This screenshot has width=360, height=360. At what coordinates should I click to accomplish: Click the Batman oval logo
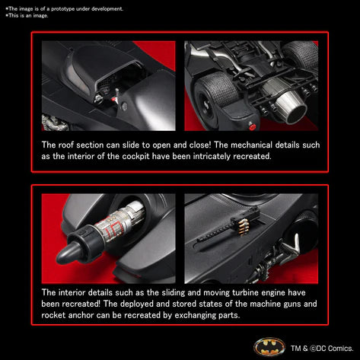(x=269, y=347)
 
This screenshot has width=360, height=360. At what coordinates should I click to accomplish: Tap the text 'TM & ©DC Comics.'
(x=322, y=349)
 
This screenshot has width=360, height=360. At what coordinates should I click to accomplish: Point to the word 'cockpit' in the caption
(x=135, y=156)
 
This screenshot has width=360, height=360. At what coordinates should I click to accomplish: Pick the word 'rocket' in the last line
(x=53, y=315)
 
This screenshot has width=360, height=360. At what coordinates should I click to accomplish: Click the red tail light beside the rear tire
(x=252, y=126)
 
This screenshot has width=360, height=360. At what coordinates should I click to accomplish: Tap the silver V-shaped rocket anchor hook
(x=292, y=244)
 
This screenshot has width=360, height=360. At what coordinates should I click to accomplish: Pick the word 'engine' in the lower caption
(x=272, y=293)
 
